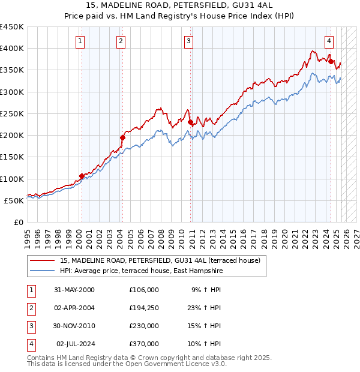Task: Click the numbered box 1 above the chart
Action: pyautogui.click(x=80, y=41)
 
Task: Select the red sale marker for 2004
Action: pyautogui.click(x=122, y=137)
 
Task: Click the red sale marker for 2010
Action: pyautogui.click(x=191, y=122)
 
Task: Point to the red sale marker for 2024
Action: pyautogui.click(x=331, y=61)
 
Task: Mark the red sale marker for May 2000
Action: pyautogui.click(x=82, y=176)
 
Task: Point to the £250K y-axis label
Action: pyautogui.click(x=12, y=113)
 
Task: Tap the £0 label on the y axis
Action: pyautogui.click(x=18, y=223)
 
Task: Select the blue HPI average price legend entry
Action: pyautogui.click(x=141, y=271)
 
